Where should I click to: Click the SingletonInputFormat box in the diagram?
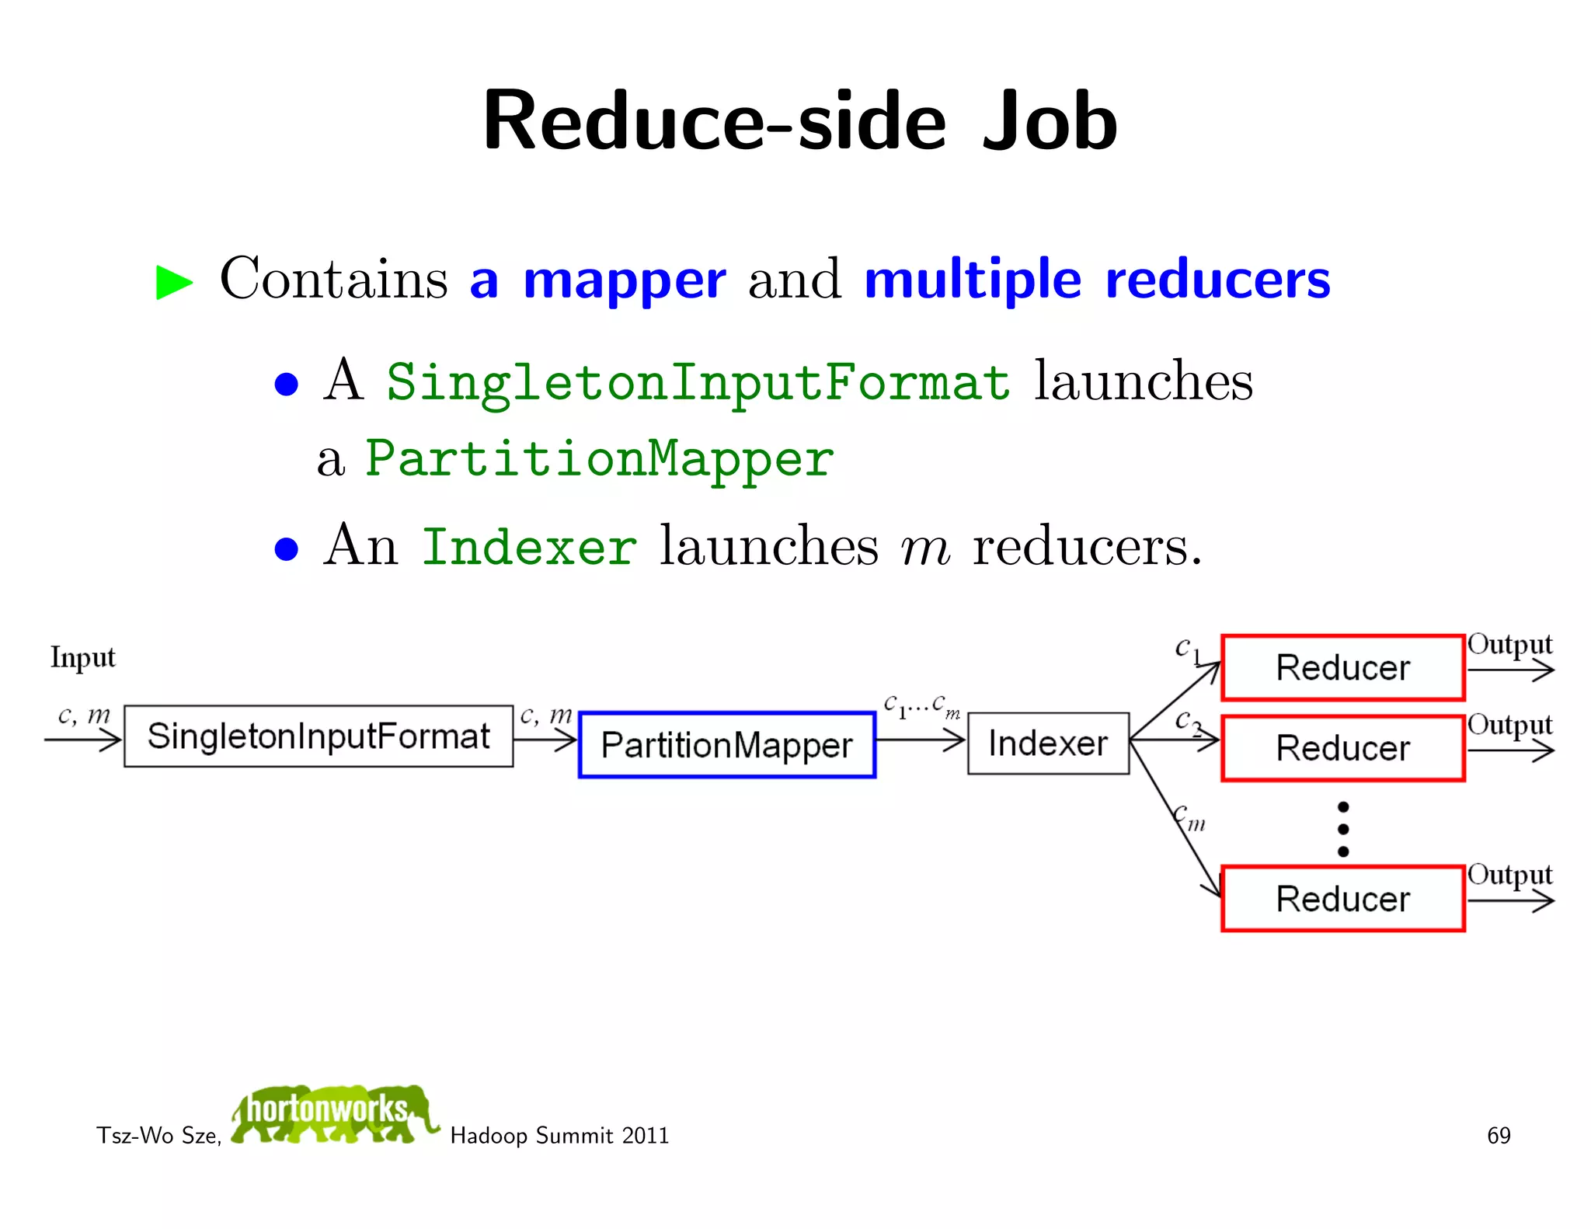319,736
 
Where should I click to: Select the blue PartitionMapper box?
727,744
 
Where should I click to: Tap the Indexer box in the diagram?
1048,743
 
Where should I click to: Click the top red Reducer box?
1342,667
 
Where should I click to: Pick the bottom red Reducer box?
1342,898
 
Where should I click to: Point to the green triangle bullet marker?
174,282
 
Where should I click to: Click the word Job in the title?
1050,122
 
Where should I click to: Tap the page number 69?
1499,1136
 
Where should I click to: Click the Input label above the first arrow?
82,657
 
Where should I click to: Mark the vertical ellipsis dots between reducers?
1343,829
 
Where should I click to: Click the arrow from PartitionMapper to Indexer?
921,740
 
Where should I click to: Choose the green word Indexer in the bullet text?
529,547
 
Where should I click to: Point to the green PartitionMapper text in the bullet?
600,458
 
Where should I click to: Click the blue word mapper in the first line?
625,280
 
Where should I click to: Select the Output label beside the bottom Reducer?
1509,875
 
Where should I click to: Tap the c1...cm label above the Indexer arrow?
921,705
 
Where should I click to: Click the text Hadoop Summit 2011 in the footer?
559,1136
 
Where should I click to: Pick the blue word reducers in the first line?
1217,280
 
